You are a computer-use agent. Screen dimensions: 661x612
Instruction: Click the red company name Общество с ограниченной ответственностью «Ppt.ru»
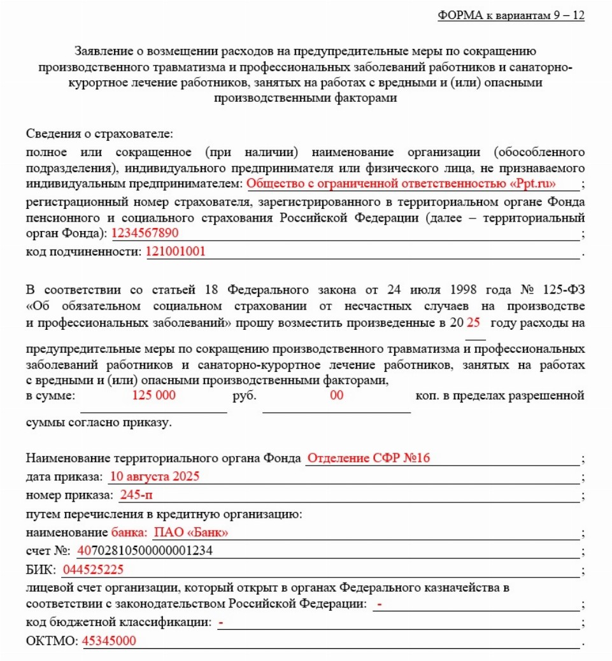(x=401, y=184)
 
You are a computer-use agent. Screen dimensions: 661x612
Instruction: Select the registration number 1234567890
(x=145, y=233)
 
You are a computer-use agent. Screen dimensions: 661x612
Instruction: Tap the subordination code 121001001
(x=176, y=251)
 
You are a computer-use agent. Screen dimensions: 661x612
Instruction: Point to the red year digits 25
(x=473, y=322)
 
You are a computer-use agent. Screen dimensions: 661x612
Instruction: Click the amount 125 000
(x=153, y=395)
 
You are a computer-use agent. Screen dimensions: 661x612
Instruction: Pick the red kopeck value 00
(x=336, y=395)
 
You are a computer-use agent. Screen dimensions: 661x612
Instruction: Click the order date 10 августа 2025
(x=155, y=476)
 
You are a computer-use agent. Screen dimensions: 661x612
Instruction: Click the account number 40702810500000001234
(x=145, y=551)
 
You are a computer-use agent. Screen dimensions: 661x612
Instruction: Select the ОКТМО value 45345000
(x=109, y=641)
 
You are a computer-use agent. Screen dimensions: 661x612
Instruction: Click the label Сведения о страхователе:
(x=100, y=134)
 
